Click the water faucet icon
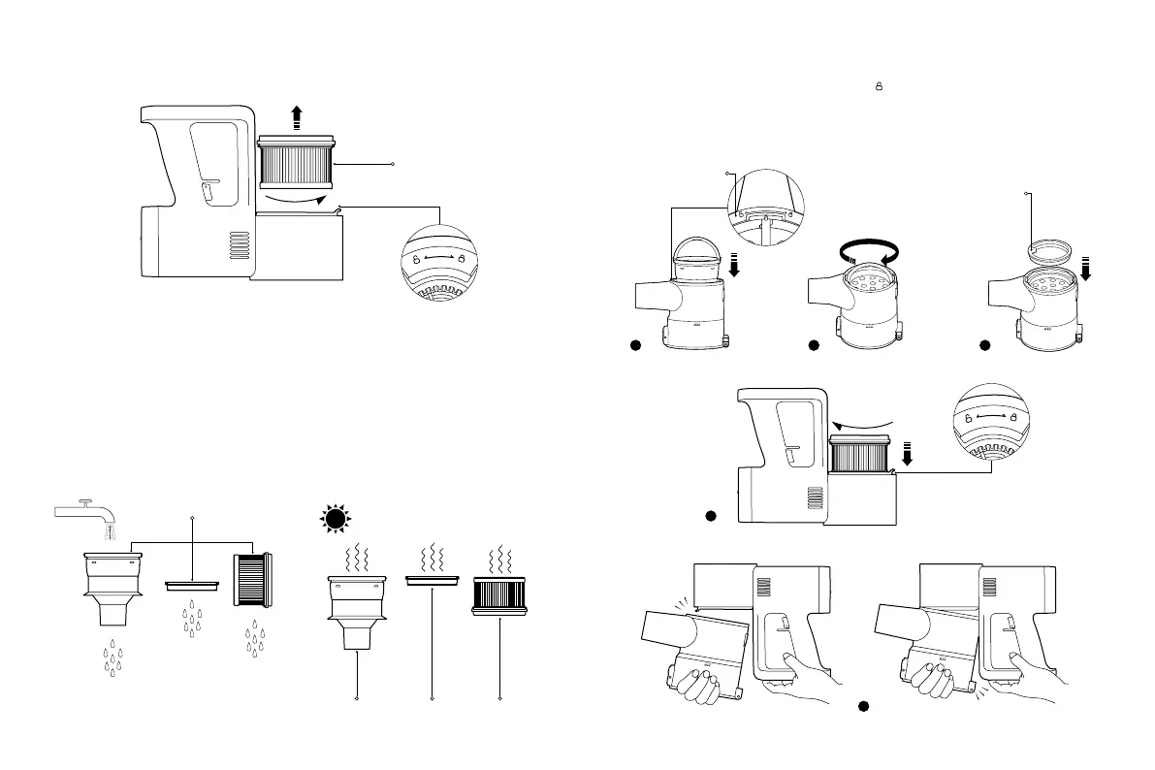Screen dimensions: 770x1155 (x=84, y=511)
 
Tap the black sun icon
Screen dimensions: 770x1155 (x=336, y=520)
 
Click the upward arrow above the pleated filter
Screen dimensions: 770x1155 (x=297, y=119)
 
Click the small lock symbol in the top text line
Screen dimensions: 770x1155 (x=879, y=86)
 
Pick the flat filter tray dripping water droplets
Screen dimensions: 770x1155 (x=193, y=586)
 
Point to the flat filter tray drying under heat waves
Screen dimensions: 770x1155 (x=431, y=580)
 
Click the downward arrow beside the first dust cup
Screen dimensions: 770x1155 (x=734, y=264)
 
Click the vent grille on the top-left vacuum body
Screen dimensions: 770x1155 (x=237, y=244)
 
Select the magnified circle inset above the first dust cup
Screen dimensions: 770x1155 (x=765, y=207)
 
